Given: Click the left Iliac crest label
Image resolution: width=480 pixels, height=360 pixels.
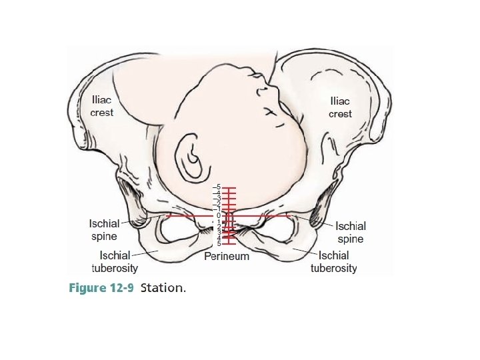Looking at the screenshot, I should click(x=102, y=106).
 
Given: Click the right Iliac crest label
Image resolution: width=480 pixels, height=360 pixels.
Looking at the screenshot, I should click(x=340, y=107).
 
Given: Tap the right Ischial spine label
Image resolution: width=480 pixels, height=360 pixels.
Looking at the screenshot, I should click(x=350, y=232).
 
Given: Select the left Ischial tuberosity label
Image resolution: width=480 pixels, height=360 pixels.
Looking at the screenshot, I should click(x=115, y=261).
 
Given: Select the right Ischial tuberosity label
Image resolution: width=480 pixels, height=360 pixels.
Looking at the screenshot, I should click(x=334, y=261).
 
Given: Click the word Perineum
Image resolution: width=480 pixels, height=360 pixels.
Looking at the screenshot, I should click(x=227, y=256).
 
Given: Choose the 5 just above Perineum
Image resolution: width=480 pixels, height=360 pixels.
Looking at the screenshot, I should click(x=218, y=244).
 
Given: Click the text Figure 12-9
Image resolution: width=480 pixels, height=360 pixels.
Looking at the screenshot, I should click(x=101, y=288).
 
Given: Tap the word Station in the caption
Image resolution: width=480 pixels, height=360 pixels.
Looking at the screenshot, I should click(x=163, y=288).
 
